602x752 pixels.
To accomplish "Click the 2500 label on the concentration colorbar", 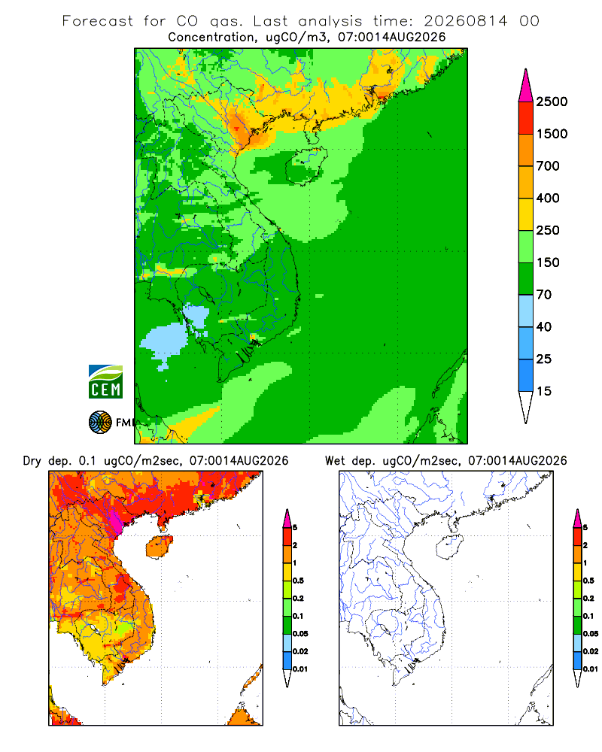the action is tap(552, 102).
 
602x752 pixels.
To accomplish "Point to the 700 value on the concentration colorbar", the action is tap(548, 166).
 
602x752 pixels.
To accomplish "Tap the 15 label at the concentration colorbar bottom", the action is tap(544, 391).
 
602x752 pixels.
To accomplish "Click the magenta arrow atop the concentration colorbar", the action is tap(526, 86).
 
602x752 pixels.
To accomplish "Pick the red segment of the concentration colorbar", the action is tap(526, 118).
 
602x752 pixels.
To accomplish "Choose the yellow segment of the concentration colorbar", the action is tap(526, 214).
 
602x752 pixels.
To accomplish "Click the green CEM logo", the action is tap(105, 382).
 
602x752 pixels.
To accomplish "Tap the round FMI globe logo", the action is tap(100, 423).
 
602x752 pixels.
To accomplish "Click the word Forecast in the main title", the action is tap(98, 21).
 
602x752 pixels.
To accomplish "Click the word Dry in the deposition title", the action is tap(32, 461).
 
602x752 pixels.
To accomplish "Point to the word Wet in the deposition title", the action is tap(335, 461).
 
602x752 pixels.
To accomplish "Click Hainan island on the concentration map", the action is tap(306, 166).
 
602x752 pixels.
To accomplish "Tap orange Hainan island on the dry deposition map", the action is tap(160, 547).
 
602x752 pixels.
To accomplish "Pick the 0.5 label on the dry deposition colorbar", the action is tap(299, 581).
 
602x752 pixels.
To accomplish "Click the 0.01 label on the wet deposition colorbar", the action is tap(591, 669).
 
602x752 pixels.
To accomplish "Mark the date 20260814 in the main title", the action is tap(465, 21).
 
